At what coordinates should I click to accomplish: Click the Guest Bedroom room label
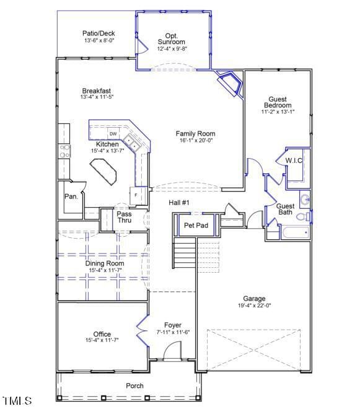[x=277, y=102]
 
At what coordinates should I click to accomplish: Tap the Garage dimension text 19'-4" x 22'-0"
[x=255, y=306]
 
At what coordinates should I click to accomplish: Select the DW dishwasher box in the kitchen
[x=113, y=134]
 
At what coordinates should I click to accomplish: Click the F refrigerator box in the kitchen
[x=136, y=195]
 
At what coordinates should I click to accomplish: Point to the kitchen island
[x=105, y=170]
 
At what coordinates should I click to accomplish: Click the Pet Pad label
[x=196, y=226]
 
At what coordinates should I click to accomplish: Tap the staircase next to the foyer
[x=184, y=254]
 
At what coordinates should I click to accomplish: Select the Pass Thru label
[x=124, y=218]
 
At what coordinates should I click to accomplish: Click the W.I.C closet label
[x=294, y=161]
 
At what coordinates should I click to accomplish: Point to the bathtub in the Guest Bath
[x=295, y=233]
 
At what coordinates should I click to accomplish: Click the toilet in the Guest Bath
[x=303, y=217]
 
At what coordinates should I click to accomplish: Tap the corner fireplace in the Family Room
[x=230, y=84]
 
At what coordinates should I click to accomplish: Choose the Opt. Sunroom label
[x=171, y=38]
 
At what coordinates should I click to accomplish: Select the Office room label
[x=102, y=334]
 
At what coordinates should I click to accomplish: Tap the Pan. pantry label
[x=71, y=196]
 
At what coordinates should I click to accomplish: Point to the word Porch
[x=134, y=386]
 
